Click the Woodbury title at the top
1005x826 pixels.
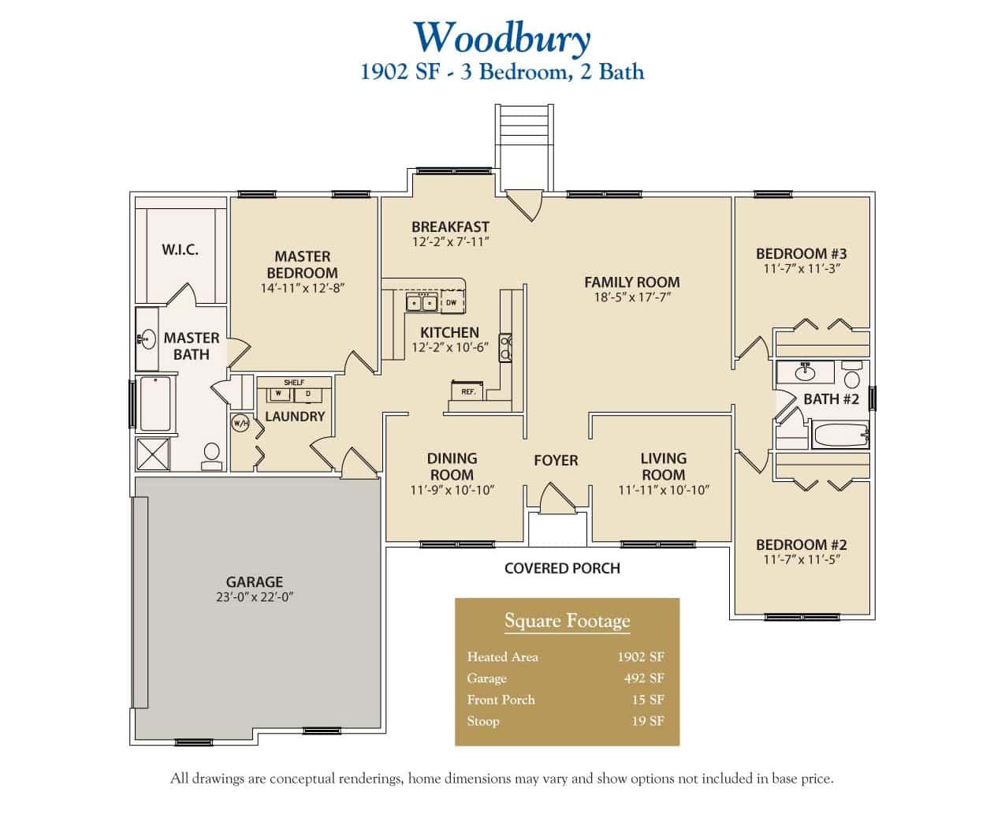[x=501, y=37]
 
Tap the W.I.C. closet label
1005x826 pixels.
[x=180, y=249]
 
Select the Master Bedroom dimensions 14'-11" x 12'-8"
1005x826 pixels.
[x=302, y=288]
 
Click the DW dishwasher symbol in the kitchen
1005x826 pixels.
[x=452, y=302]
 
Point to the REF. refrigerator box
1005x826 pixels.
[x=468, y=391]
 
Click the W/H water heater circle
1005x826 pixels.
[x=240, y=423]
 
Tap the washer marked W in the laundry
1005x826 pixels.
[x=278, y=393]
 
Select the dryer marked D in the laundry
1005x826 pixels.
[x=307, y=393]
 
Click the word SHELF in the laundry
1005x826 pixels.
[x=293, y=383]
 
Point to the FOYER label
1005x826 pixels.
[x=556, y=460]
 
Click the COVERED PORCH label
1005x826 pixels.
[x=562, y=568]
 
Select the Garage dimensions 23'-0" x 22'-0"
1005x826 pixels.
[x=254, y=597]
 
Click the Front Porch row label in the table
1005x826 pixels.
[x=501, y=700]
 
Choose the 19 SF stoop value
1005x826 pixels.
[x=647, y=721]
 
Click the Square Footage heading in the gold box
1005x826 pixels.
[x=567, y=621]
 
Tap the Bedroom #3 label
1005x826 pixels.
[x=801, y=253]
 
